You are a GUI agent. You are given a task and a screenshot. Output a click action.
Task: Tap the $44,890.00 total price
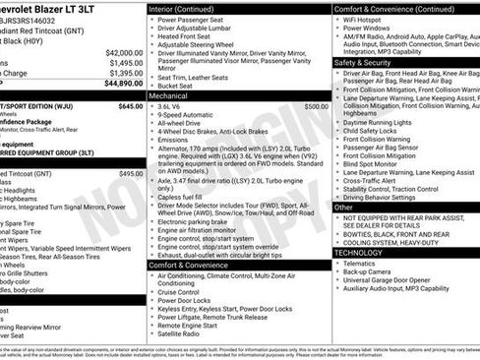tap(122, 84)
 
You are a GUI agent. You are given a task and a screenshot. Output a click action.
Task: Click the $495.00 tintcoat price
tap(131, 173)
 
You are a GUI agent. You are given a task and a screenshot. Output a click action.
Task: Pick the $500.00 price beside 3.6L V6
tap(317, 106)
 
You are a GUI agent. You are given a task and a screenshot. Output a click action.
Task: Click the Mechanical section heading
tap(172, 96)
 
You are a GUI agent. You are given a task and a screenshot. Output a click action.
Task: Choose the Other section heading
tap(343, 208)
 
